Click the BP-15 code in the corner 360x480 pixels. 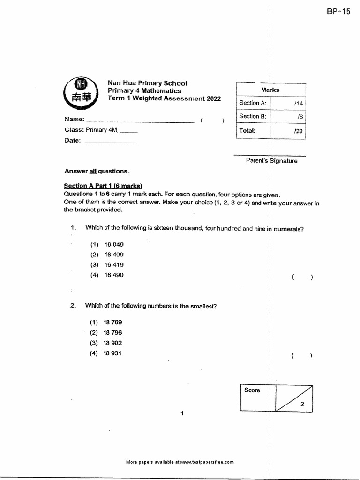coord(338,12)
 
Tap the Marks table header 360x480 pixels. coord(271,90)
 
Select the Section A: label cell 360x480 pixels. coord(253,103)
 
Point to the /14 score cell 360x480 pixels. coord(288,103)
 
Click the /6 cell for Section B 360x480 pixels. coord(288,117)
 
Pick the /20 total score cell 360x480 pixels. coord(288,131)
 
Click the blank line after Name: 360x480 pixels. coord(140,121)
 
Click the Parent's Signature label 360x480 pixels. coord(271,160)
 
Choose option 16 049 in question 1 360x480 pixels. coord(114,244)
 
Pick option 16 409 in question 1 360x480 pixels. coord(114,255)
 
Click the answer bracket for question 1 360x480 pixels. coord(301,277)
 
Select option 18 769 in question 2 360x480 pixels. coord(114,322)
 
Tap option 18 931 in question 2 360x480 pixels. coord(114,353)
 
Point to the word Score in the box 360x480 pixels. coord(252,390)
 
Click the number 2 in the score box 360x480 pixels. coord(303,403)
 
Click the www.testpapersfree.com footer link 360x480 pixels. coord(206,462)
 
